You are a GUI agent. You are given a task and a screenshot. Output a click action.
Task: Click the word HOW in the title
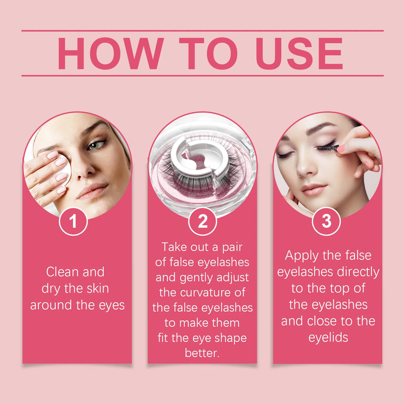point(110,53)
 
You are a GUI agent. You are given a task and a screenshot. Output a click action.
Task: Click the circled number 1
point(73,222)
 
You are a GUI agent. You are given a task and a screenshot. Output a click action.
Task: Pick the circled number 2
point(202,222)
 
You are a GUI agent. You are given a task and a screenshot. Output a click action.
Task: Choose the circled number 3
point(327,222)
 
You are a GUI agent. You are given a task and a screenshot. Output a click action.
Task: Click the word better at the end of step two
point(202,353)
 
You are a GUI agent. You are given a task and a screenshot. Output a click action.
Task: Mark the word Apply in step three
point(303,256)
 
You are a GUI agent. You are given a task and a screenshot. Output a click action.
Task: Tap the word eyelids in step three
point(328,338)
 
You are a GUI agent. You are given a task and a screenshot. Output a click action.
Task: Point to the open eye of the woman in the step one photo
point(96,144)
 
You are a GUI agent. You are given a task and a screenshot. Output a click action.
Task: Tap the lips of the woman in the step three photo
point(313,189)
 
